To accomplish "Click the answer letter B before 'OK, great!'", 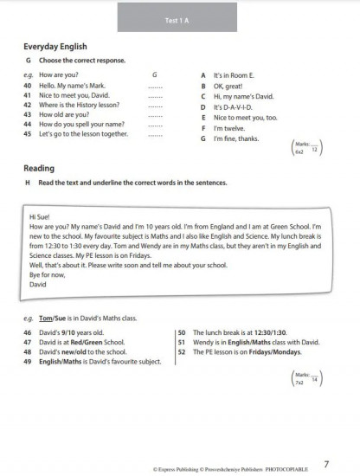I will click(x=202, y=86).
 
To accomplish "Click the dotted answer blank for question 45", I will click(x=156, y=135).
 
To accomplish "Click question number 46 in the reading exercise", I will click(x=29, y=332).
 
